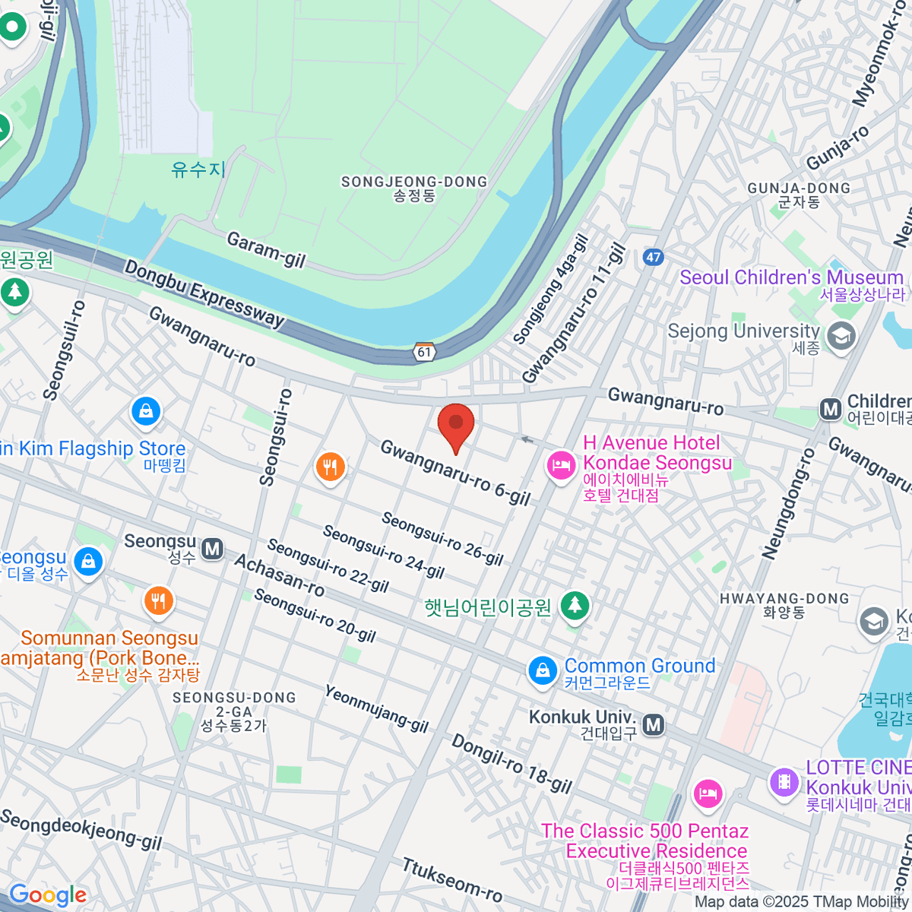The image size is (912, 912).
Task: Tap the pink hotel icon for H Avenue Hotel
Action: (x=561, y=464)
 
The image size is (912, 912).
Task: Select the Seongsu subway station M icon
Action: (x=213, y=548)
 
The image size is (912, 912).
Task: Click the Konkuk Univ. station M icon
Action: (x=654, y=725)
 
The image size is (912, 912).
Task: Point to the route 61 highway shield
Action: (x=424, y=352)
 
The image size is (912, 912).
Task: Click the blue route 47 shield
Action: (x=653, y=257)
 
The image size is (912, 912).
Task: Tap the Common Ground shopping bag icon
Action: (x=543, y=670)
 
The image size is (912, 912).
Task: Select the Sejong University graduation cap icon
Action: (x=841, y=335)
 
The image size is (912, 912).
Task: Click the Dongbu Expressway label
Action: (x=204, y=293)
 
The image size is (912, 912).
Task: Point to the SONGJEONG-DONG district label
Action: (x=414, y=182)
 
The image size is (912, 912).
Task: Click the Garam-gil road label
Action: (x=266, y=250)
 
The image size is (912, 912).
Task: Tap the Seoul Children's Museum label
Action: (x=791, y=277)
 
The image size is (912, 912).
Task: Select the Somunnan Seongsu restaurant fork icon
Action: (x=158, y=601)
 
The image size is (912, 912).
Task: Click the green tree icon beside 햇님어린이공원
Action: (x=575, y=606)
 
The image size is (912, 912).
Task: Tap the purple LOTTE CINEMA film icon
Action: (x=784, y=781)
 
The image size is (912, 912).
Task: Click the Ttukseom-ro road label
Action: (x=451, y=879)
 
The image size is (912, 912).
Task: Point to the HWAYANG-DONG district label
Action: (x=784, y=599)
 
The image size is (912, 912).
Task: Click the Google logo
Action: (x=47, y=895)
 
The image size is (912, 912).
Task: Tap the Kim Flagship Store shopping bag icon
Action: (x=146, y=411)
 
